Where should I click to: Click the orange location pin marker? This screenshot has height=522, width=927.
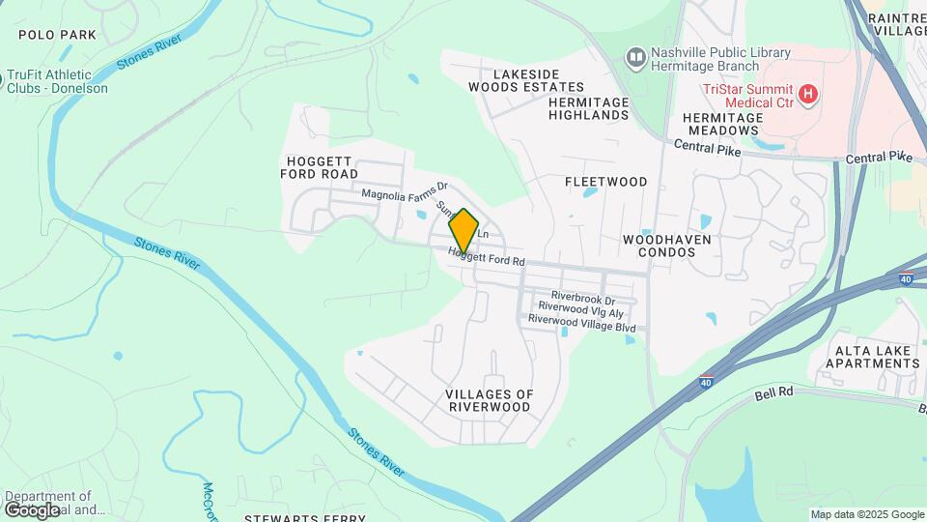[463, 231]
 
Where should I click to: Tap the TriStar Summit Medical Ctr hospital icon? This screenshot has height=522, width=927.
[810, 95]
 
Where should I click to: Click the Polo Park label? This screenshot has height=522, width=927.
[58, 35]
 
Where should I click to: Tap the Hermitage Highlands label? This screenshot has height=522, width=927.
[588, 108]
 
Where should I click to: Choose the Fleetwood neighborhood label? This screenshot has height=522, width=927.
[605, 182]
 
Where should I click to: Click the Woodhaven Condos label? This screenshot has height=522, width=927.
[666, 246]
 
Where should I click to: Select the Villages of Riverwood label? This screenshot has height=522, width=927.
[490, 400]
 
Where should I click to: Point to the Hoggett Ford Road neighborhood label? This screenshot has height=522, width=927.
[319, 167]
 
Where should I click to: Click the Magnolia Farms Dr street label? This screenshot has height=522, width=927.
[406, 193]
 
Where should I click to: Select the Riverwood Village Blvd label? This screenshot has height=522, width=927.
[581, 328]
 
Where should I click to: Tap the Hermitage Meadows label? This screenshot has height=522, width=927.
[722, 124]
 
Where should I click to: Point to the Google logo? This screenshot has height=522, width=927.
[32, 509]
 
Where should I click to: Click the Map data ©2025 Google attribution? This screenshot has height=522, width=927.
[866, 514]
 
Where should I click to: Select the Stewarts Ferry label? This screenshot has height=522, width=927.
[304, 518]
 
